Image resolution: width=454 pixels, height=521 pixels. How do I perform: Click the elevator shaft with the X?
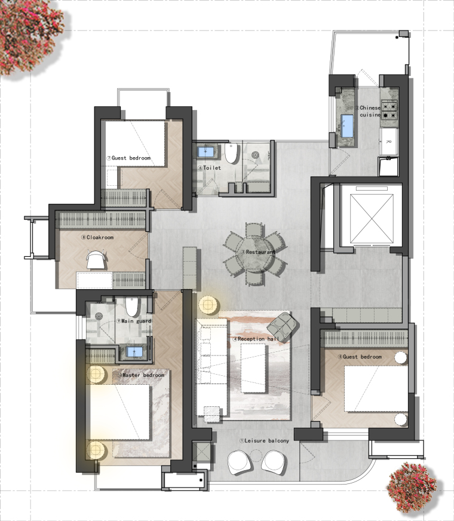372,219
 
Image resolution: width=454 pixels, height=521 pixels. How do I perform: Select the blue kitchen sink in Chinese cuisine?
348,125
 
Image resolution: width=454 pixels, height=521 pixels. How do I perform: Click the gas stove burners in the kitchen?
389,111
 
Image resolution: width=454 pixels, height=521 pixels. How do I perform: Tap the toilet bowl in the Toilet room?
232,153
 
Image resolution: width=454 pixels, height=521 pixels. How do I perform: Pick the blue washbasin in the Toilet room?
206,152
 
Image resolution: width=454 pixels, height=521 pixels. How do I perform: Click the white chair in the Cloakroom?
97,259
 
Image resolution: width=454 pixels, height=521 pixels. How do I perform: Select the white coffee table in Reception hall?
253,368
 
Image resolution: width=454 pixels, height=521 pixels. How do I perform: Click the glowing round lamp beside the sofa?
208,304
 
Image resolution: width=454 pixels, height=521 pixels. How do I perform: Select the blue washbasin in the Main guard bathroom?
134,351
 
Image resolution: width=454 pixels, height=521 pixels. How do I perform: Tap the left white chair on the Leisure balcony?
240,462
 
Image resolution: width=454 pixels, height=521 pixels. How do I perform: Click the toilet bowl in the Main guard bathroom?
132,307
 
